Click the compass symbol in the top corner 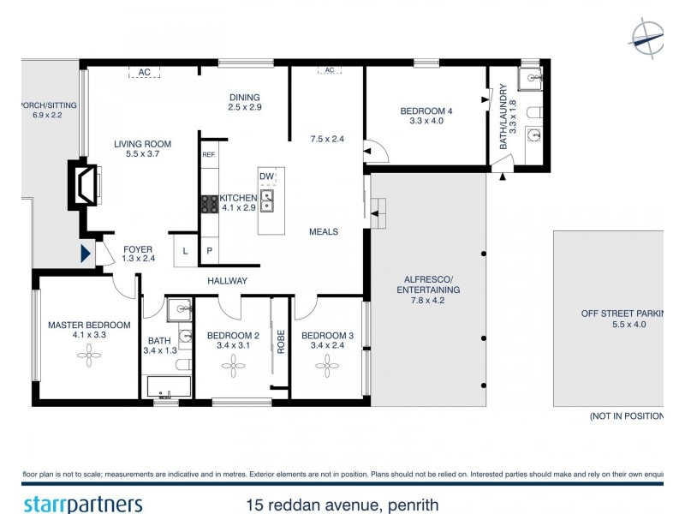pyautogui.click(x=646, y=35)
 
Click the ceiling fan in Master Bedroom pyautogui.click(x=89, y=361)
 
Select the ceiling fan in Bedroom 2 pyautogui.click(x=232, y=366)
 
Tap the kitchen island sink pyautogui.click(x=267, y=202)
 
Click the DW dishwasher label pyautogui.click(x=267, y=176)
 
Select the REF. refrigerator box pyautogui.click(x=209, y=155)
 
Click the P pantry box pyautogui.click(x=209, y=250)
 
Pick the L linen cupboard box pyautogui.click(x=186, y=250)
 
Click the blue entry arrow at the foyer pyautogui.click(x=85, y=254)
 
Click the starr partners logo pyautogui.click(x=82, y=503)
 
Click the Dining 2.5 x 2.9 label pyautogui.click(x=244, y=102)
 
